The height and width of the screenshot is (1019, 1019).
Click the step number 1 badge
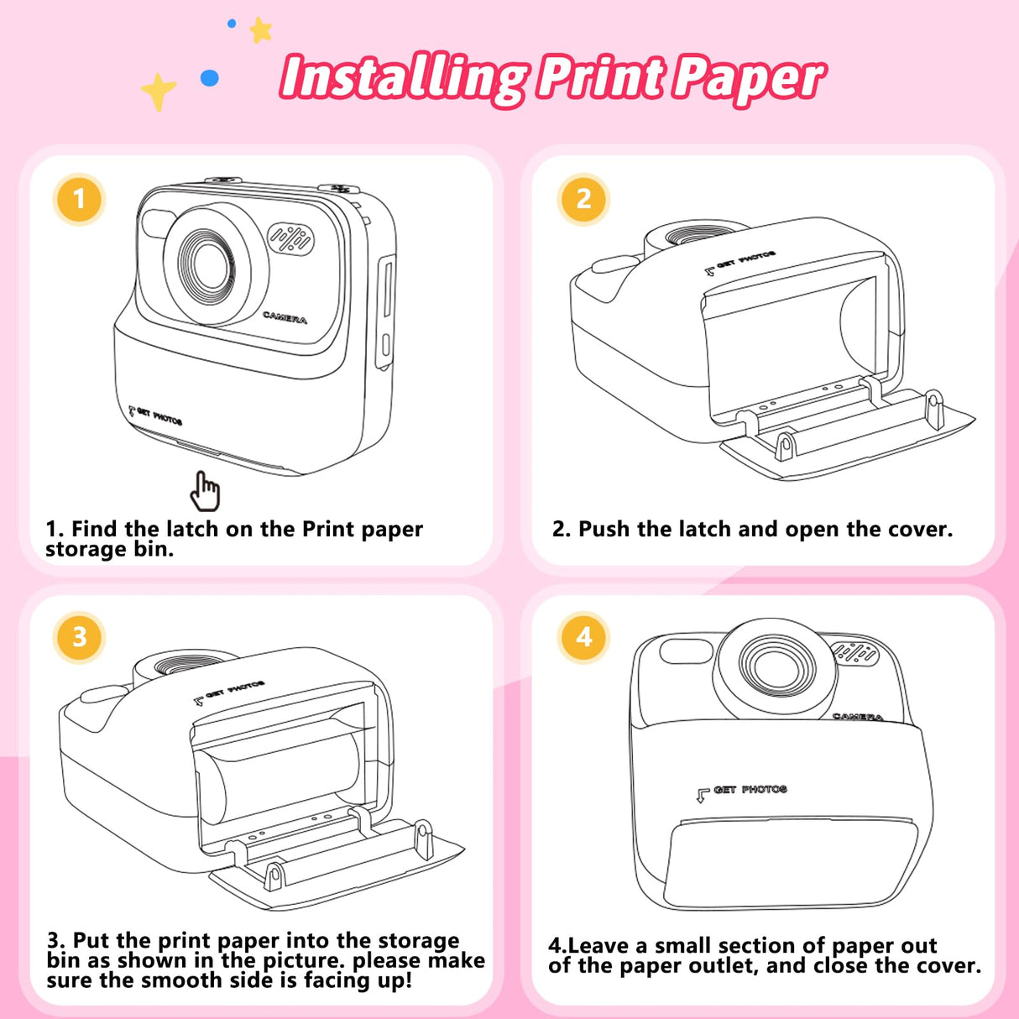(x=79, y=200)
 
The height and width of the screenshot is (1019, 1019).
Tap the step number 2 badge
(x=583, y=200)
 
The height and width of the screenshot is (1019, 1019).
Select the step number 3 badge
(x=79, y=637)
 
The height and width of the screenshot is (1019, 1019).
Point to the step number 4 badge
(x=583, y=637)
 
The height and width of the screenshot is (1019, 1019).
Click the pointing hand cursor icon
(x=205, y=491)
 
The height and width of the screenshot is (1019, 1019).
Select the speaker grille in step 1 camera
(x=290, y=239)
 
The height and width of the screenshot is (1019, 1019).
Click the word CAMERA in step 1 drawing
(x=285, y=317)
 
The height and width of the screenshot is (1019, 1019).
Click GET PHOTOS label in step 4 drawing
(x=750, y=790)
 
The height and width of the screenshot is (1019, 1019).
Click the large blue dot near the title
(x=210, y=78)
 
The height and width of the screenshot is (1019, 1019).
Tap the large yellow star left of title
(x=158, y=90)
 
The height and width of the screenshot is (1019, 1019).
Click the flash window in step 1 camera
(x=157, y=223)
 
